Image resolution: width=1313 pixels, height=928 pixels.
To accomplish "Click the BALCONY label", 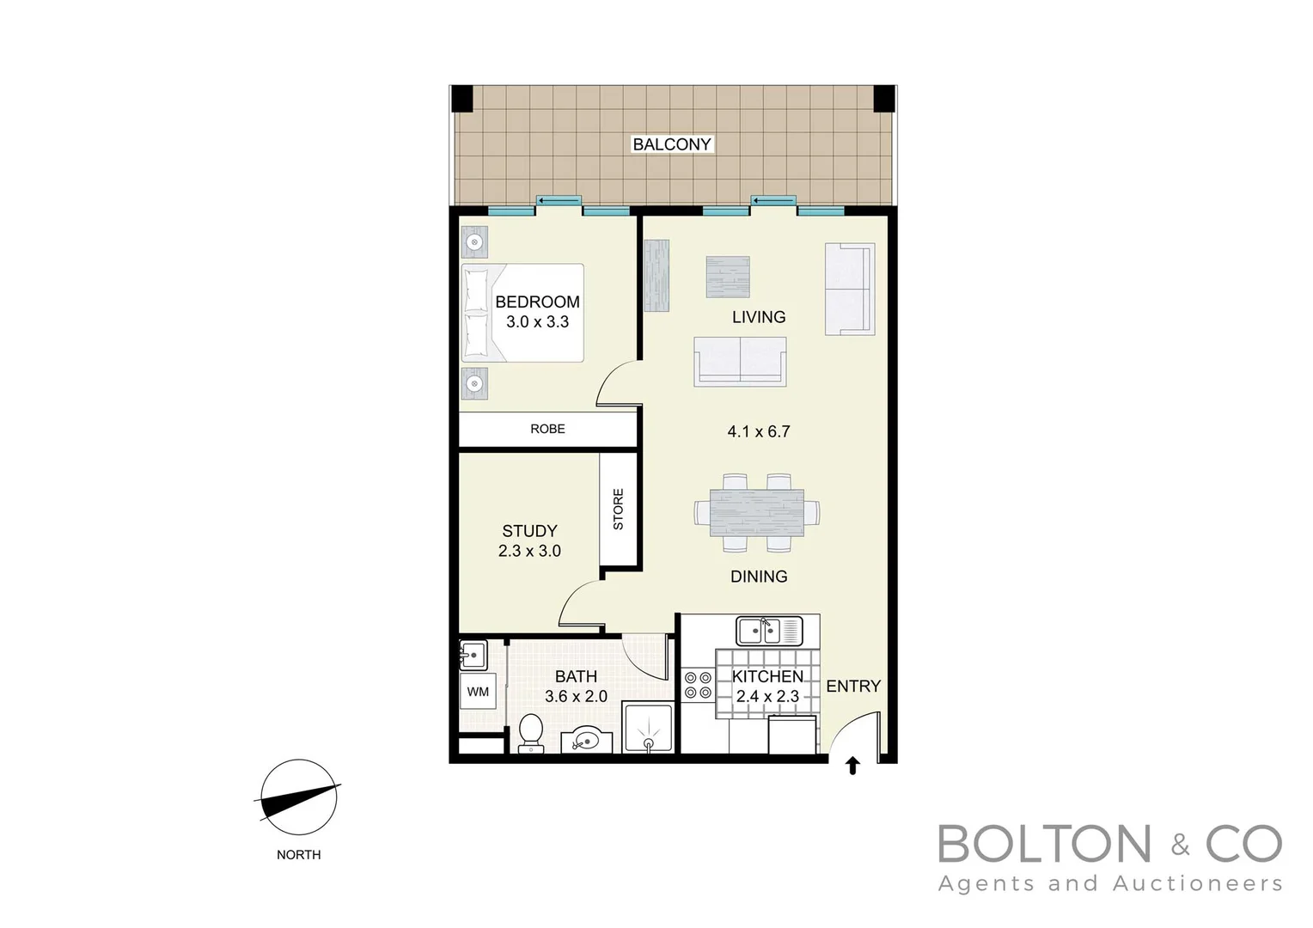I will point(671,144).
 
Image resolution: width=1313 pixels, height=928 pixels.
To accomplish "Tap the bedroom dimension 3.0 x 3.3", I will point(537,322).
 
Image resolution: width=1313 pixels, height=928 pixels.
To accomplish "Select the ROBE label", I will point(547,429).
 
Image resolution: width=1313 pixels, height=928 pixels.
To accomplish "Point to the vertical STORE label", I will point(618,509).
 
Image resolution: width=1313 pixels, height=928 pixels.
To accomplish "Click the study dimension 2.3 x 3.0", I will point(529,551).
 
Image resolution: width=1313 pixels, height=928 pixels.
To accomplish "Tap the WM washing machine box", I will point(478,692).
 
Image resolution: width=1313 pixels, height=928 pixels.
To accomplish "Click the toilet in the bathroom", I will point(531,734).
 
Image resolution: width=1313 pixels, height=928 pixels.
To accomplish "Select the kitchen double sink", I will point(769,631).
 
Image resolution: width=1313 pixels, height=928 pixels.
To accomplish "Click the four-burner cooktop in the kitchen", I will point(698,685).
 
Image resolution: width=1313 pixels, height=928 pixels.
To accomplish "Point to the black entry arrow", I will point(852,766).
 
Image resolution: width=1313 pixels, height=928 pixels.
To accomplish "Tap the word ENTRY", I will point(853,686).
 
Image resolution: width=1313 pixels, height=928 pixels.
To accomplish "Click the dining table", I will point(757,513).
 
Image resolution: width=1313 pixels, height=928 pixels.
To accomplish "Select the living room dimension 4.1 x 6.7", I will point(758,431).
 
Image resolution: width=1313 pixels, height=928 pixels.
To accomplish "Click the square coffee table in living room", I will point(728,278).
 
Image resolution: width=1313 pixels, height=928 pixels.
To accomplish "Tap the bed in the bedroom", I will point(522,313).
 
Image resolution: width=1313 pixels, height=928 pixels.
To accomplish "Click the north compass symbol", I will point(298,798).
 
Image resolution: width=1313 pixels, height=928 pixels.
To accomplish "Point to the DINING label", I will point(759,577).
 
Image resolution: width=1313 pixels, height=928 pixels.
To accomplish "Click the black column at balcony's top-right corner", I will point(884,99).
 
